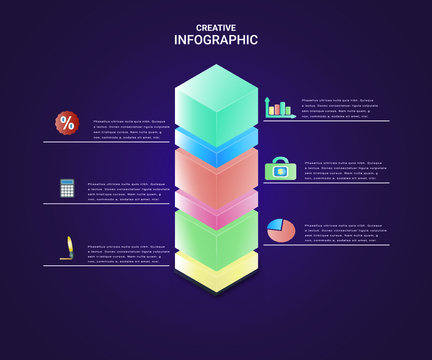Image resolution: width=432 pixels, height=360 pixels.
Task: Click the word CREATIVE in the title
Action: (x=216, y=28)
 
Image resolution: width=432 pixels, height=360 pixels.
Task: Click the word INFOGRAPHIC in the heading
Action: (x=216, y=40)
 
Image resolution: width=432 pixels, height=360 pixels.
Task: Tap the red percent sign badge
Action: (x=67, y=123)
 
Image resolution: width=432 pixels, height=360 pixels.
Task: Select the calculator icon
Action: (x=67, y=187)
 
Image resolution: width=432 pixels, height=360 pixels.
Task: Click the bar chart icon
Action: (x=279, y=107)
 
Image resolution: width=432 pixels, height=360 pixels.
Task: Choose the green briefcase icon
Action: (x=278, y=170)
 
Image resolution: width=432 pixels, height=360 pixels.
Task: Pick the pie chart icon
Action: (x=281, y=231)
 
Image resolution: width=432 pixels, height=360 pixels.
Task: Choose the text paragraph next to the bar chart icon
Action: (x=339, y=108)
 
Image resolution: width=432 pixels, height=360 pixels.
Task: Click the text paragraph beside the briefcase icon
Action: (x=339, y=170)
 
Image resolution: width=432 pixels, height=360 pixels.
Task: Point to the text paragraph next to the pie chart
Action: (x=341, y=232)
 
